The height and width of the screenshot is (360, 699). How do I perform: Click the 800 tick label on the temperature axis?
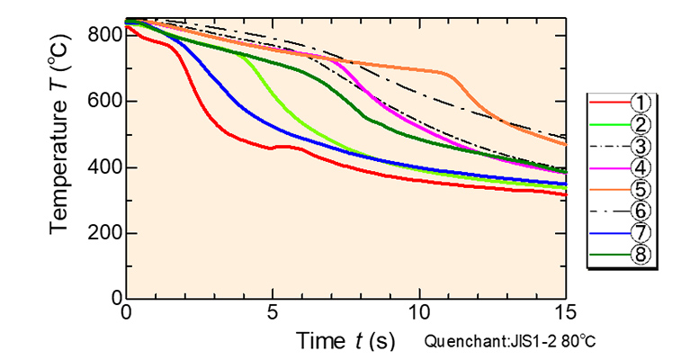coord(104,35)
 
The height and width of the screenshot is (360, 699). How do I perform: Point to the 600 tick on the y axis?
coord(104,101)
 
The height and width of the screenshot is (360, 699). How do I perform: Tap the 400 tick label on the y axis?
coord(104,167)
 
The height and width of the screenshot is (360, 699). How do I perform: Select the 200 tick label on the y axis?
coord(104,233)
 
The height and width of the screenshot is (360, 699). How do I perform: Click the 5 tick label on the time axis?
coord(273,312)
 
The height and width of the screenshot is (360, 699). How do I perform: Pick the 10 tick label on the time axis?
coord(419,312)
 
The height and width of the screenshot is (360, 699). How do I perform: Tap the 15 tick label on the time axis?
coord(565,312)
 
